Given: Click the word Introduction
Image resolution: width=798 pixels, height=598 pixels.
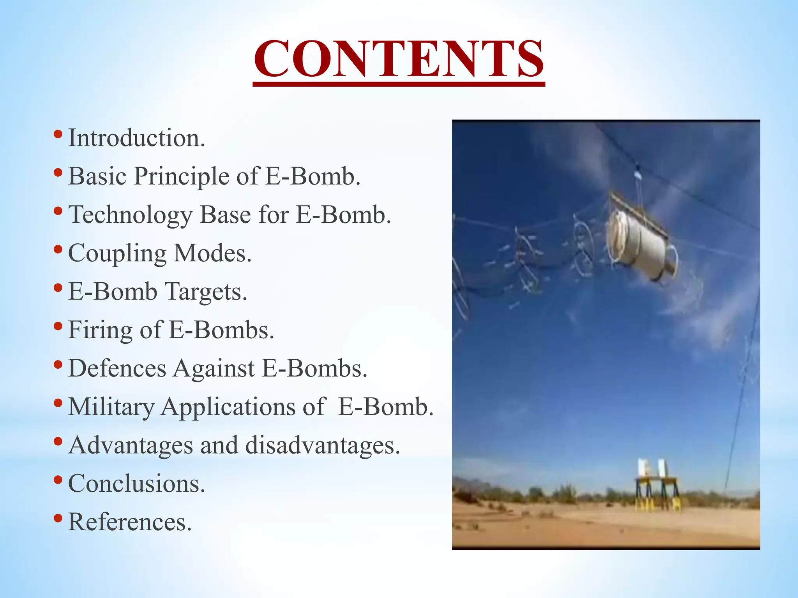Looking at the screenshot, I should [x=136, y=138].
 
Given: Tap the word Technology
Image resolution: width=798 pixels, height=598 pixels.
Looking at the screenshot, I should [x=130, y=215].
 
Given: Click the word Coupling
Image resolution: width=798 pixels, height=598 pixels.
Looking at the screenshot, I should [x=117, y=253].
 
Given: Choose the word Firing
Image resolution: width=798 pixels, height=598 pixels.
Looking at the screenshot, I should [x=100, y=330].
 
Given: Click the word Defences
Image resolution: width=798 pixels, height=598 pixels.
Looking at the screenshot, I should [x=117, y=368].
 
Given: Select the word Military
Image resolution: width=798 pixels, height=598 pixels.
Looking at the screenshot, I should [x=111, y=407].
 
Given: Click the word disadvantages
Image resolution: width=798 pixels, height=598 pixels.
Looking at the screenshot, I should [x=323, y=445].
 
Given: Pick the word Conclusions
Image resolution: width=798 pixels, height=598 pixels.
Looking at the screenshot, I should [x=136, y=484].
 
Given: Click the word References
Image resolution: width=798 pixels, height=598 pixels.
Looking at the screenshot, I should [x=130, y=522].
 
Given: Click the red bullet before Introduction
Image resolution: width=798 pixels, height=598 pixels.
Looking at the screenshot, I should [x=58, y=135].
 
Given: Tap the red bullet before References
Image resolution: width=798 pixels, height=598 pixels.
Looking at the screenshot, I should [x=58, y=518].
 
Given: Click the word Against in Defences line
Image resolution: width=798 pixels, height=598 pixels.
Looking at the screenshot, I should [x=214, y=368].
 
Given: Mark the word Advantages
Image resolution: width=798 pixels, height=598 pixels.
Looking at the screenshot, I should [x=131, y=445].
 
